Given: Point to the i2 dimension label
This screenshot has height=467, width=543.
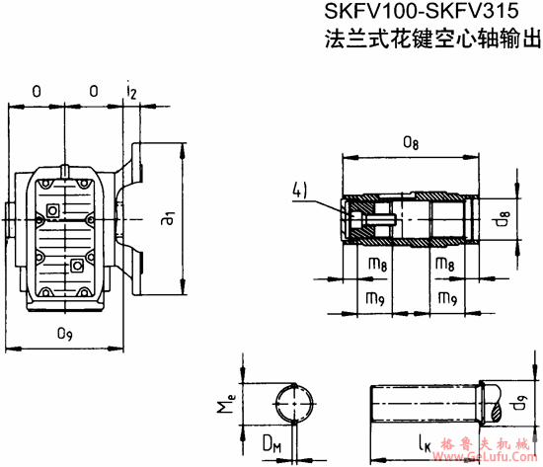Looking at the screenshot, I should click(131, 91).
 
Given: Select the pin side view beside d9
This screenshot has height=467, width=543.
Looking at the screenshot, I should click(428, 403).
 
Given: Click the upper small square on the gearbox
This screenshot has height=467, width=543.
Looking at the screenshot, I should click(51, 210).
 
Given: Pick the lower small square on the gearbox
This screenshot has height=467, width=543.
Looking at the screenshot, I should click(77, 265).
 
